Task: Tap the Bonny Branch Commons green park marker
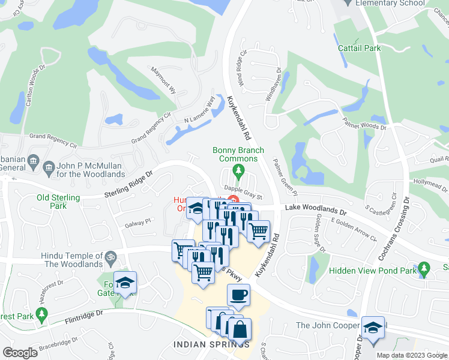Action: click(238, 173)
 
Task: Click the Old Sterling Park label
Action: click(58, 202)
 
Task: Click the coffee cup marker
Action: click(238, 295)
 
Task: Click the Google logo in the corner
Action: click(19, 352)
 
